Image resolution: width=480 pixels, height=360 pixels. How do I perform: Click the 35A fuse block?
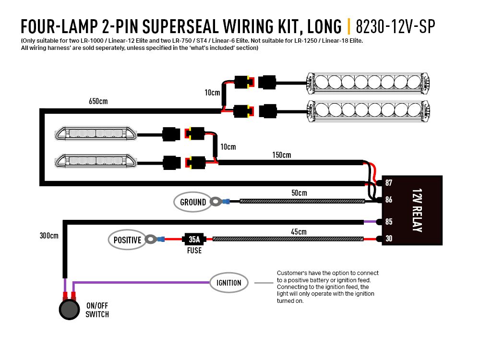pos(194,239)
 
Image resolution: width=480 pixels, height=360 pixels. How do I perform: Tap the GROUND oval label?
pos(193,202)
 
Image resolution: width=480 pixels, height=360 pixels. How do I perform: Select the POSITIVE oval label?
pos(128,240)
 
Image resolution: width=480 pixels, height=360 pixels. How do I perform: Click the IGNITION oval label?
pos(229,283)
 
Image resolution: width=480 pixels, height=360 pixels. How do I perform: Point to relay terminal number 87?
pos(389,183)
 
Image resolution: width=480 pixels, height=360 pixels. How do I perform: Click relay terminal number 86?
pos(389,200)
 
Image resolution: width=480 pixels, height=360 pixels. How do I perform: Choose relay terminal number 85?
pos(389,222)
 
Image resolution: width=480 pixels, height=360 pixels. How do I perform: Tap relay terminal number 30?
pos(389,239)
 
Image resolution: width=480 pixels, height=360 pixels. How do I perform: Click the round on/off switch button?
pos(69,310)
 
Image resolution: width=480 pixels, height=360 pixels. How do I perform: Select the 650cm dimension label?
pos(98,101)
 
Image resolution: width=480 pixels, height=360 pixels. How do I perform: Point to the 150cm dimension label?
pos(281,155)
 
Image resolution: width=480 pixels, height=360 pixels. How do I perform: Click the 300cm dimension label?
pos(49,236)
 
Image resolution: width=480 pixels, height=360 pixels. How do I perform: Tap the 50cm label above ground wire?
pos(299,193)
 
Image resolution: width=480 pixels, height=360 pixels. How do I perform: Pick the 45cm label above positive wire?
pos(299,231)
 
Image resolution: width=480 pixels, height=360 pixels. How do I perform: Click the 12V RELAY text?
pos(416,210)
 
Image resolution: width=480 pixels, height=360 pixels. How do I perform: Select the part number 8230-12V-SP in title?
pos(396,26)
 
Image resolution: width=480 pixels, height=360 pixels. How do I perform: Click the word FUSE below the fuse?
pos(194,250)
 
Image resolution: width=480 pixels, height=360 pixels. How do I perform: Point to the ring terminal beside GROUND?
pos(218,201)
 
